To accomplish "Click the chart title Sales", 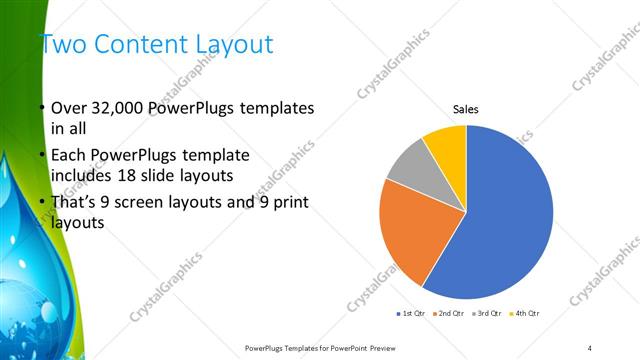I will tap(467, 108).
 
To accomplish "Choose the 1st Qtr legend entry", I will tap(413, 314).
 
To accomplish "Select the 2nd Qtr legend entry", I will tap(451, 314).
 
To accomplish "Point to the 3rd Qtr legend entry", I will tap(489, 314).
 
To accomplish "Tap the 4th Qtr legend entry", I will tap(527, 314).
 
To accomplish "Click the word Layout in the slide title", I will tap(234, 44).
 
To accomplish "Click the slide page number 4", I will tap(590, 347).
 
